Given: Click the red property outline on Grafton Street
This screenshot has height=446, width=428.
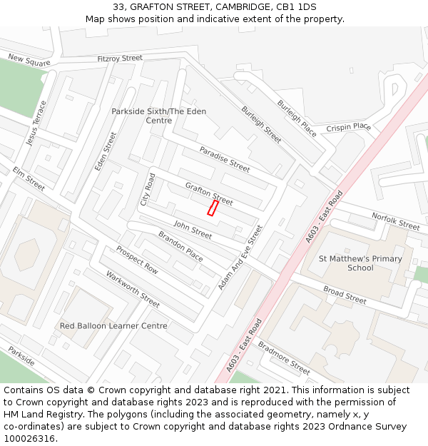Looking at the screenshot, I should (213, 208).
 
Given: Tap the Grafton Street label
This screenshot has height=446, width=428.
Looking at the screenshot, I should (209, 193).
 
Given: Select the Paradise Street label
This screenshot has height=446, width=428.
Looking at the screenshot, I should (224, 159).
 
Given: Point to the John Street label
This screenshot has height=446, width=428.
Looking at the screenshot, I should (193, 230).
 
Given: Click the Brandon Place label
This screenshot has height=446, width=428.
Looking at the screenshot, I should (180, 245).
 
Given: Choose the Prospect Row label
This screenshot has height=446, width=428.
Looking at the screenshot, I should (137, 260).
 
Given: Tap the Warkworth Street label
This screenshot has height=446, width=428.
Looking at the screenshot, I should (133, 289).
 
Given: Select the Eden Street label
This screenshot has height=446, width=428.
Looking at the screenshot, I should (106, 151).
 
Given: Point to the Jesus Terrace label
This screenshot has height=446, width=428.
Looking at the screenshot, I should (36, 123).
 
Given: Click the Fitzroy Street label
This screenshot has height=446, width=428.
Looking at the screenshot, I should (120, 59).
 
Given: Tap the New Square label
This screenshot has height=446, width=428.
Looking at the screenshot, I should (29, 61).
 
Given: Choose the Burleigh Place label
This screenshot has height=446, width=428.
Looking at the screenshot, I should (297, 118).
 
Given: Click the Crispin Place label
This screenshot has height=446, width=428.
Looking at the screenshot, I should (349, 127).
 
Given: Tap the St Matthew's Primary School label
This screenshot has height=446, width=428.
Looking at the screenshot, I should (360, 263).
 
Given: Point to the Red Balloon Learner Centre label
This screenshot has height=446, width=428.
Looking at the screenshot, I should (113, 326).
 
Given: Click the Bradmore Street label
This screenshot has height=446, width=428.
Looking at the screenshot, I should (284, 358).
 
